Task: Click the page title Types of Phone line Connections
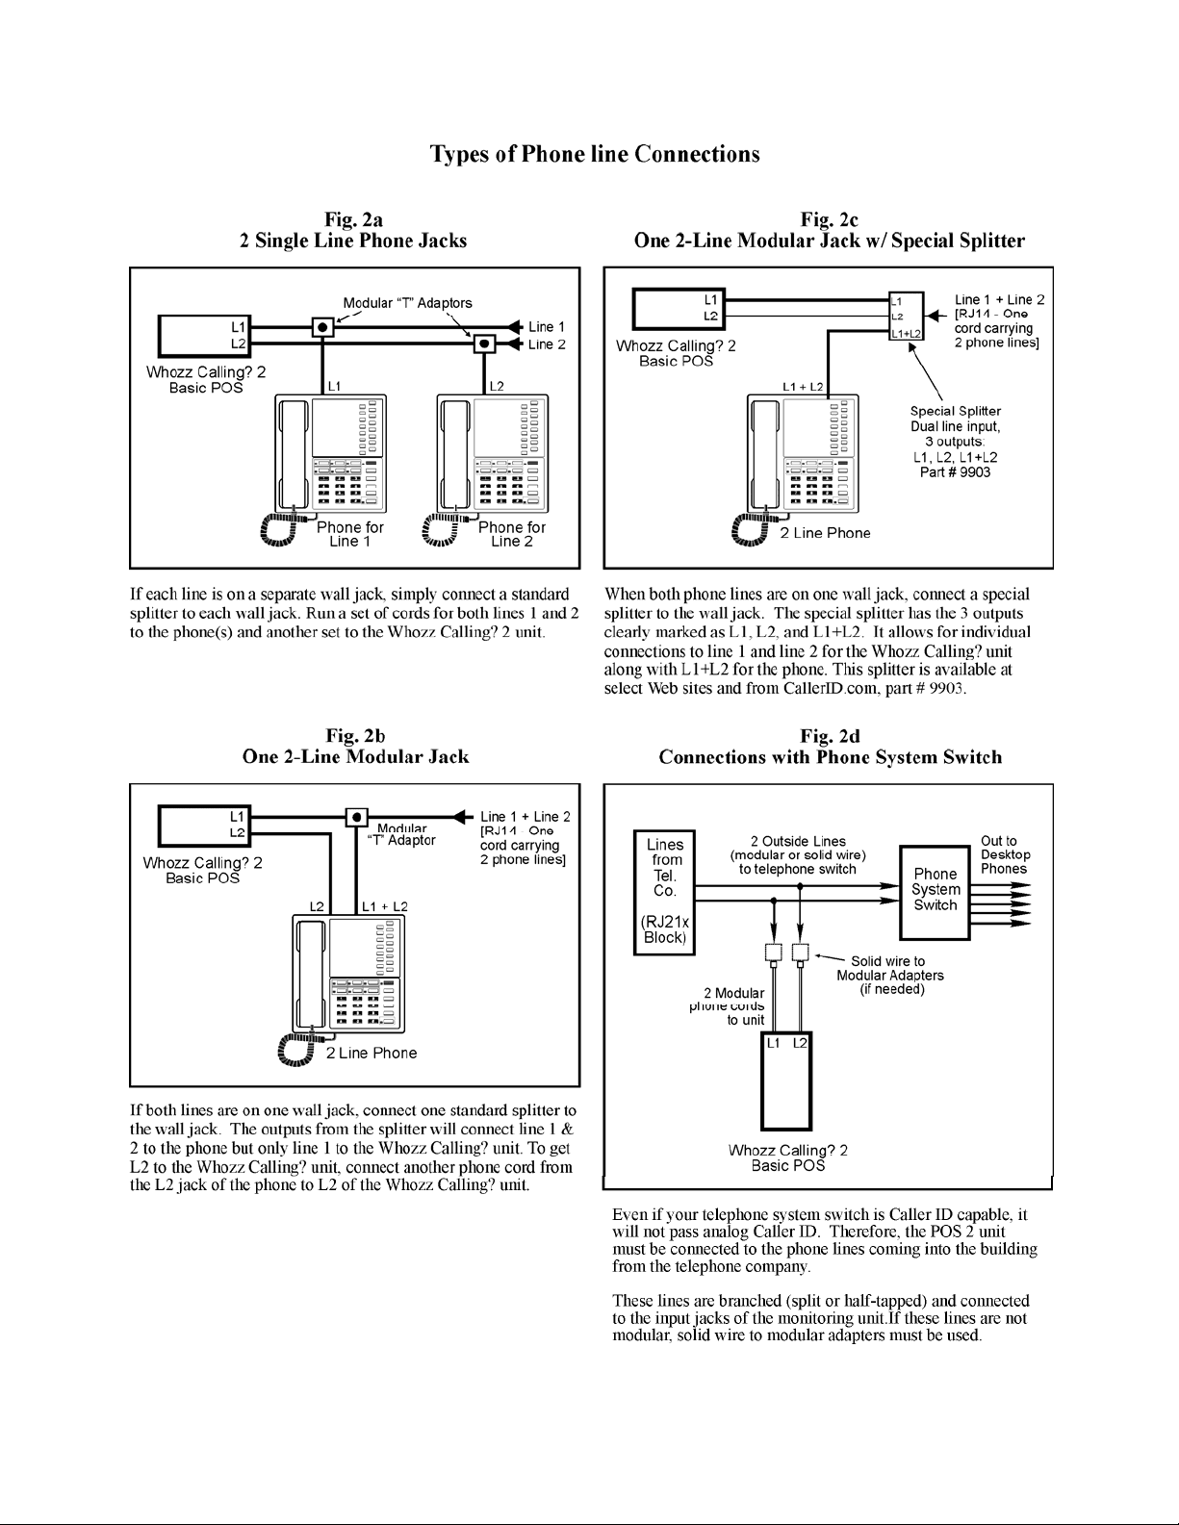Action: (594, 154)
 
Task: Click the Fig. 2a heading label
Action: (353, 219)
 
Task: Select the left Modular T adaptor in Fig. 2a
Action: (323, 326)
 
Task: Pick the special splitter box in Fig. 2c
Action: (905, 317)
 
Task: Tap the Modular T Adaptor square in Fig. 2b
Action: (356, 818)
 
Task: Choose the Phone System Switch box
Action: (935, 891)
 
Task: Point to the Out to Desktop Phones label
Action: (1005, 854)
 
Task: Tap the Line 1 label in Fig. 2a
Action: (547, 327)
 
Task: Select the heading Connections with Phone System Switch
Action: (830, 757)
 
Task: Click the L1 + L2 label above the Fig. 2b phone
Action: (385, 906)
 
